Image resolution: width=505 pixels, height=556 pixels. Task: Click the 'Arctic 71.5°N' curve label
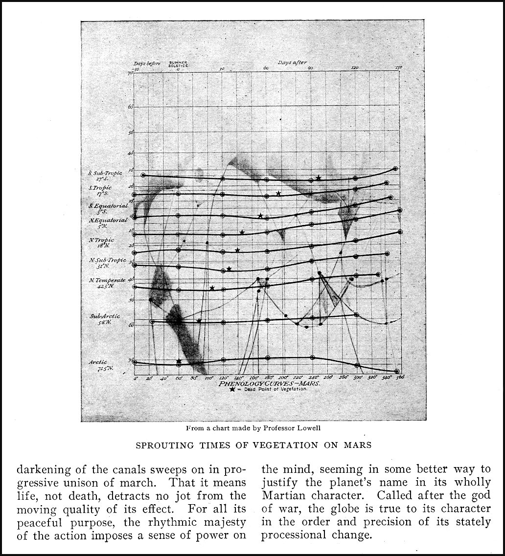tap(101, 365)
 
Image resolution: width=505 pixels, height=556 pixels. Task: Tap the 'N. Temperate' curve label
tap(107, 283)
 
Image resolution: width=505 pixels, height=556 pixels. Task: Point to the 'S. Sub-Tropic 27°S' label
tap(106, 176)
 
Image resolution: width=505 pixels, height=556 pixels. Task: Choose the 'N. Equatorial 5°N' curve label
tap(108, 223)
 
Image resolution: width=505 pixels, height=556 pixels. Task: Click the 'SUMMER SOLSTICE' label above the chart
tap(178, 64)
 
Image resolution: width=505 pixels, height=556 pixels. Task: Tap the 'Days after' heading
tap(292, 62)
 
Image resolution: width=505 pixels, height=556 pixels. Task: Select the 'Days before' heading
tap(147, 63)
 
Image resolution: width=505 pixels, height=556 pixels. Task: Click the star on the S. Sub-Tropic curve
tap(319, 178)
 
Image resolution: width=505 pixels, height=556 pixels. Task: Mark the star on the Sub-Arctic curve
tap(199, 321)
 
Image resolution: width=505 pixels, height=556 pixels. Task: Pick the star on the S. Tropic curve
tap(278, 194)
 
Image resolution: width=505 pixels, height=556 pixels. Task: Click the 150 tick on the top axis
tap(398, 68)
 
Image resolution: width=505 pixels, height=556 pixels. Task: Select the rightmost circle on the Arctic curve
tap(397, 371)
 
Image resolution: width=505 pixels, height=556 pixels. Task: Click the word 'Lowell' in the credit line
tap(308, 428)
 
